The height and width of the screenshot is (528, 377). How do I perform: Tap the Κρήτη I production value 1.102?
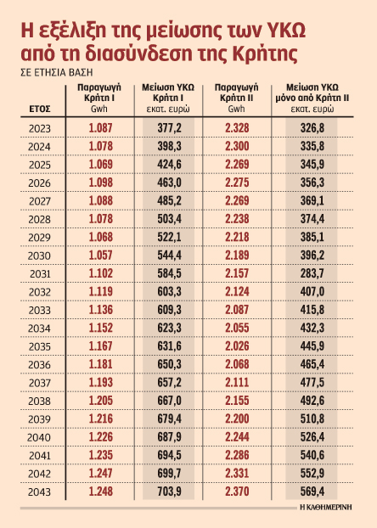(x=100, y=275)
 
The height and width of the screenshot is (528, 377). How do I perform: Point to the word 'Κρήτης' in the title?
(x=258, y=53)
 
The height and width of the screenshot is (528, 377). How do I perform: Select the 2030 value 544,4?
(x=172, y=256)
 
